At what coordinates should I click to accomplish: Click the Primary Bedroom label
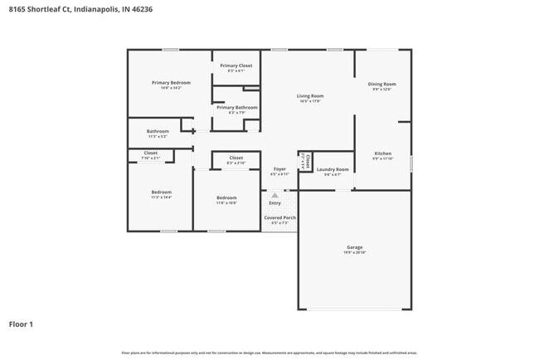tap(171, 82)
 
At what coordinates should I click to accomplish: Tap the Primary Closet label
tap(236, 66)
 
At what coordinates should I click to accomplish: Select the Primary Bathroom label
tap(236, 107)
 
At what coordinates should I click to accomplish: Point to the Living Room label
tap(310, 96)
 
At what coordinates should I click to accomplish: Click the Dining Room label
tap(382, 84)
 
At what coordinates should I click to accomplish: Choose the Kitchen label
tap(382, 153)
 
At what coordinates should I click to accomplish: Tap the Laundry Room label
tap(333, 169)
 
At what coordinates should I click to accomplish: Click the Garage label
tap(354, 247)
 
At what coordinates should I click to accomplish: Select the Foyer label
tap(279, 169)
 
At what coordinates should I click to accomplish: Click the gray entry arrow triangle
tap(274, 196)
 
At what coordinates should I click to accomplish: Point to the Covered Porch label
tap(279, 217)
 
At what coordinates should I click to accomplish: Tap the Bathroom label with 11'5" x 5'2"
tap(158, 131)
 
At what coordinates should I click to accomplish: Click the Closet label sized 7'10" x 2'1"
tap(150, 153)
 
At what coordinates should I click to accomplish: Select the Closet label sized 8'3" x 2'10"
tap(236, 158)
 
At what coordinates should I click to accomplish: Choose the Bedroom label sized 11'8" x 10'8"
tap(226, 197)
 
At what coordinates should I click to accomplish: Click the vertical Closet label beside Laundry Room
tap(307, 160)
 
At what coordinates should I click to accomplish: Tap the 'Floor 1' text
tap(21, 324)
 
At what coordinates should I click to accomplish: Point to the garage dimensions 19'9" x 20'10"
tap(354, 252)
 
